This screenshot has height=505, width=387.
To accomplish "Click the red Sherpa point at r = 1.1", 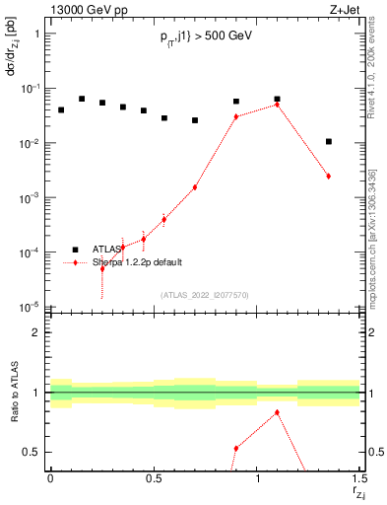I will [x=278, y=105].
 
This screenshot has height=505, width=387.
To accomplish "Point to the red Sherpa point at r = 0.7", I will [x=195, y=187].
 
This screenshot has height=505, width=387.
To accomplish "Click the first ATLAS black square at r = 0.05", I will [x=61, y=109].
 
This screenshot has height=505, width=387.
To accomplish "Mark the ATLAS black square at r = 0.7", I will [x=195, y=120].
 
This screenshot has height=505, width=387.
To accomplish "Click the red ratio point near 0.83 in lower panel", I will [x=278, y=412].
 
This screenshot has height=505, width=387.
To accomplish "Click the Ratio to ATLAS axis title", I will [x=12, y=395].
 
